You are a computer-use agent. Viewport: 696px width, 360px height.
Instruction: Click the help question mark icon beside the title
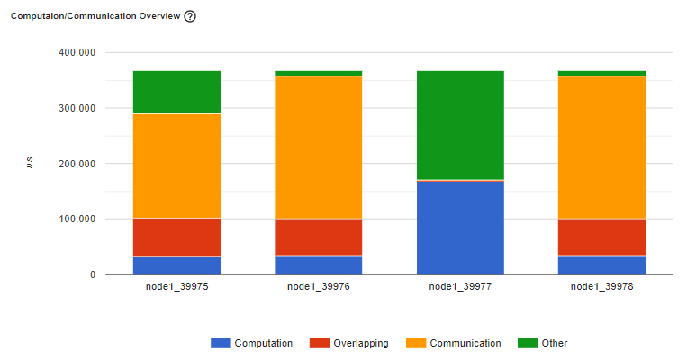[x=190, y=17]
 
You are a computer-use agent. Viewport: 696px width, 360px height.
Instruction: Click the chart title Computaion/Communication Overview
[x=95, y=17]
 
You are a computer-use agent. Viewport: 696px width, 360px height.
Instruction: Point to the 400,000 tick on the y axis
[x=76, y=53]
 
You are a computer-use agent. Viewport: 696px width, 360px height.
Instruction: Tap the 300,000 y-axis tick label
[x=76, y=109]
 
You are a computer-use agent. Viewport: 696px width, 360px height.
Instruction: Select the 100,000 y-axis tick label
[x=76, y=220]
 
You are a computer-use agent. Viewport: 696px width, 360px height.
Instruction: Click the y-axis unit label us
[x=30, y=163]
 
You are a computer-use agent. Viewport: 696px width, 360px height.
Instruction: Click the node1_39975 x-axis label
[x=176, y=287]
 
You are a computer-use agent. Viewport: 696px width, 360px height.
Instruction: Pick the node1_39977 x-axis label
[x=460, y=287]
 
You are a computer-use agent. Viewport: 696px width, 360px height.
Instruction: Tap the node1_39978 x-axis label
[x=601, y=287]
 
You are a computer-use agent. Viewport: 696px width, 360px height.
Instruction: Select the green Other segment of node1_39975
[x=176, y=92]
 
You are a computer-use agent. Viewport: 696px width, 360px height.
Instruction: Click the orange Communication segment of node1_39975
[x=176, y=166]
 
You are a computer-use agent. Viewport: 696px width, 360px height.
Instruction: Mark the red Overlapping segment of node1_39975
[x=176, y=237]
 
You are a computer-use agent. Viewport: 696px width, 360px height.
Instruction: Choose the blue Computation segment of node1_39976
[x=319, y=265]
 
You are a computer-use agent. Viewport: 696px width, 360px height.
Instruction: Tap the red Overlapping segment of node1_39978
[x=601, y=237]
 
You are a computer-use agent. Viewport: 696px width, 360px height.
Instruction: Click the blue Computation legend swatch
[x=221, y=343]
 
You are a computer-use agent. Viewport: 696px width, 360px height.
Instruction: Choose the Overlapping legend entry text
[x=361, y=343]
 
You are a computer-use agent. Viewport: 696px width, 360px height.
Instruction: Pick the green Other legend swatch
[x=528, y=343]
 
